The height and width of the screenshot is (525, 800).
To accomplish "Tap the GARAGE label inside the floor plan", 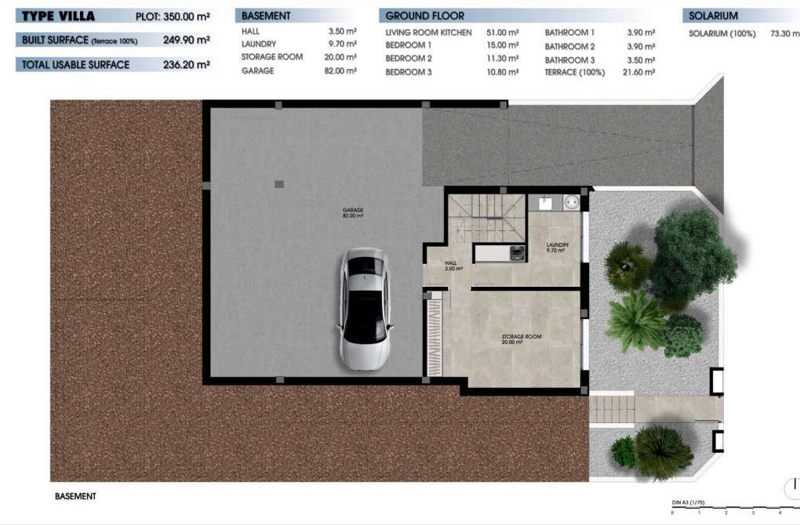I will pyautogui.click(x=353, y=212).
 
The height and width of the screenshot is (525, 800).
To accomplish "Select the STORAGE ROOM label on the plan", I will pyautogui.click(x=522, y=339).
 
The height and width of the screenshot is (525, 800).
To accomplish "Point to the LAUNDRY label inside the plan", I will pyautogui.click(x=558, y=247).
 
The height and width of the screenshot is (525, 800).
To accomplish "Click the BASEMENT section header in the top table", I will pyautogui.click(x=266, y=16).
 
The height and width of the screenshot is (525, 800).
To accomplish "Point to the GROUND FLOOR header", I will pyautogui.click(x=424, y=16).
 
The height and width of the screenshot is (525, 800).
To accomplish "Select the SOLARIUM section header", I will pyautogui.click(x=713, y=16).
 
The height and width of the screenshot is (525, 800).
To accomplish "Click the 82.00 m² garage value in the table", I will pyautogui.click(x=341, y=71).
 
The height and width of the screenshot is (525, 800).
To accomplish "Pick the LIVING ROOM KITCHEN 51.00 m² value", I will pyautogui.click(x=503, y=33).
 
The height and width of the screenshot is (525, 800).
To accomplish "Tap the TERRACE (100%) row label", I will pyautogui.click(x=575, y=72).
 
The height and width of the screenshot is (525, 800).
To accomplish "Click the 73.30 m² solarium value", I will pyautogui.click(x=783, y=34).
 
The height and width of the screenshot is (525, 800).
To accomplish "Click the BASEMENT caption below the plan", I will pyautogui.click(x=75, y=496).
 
